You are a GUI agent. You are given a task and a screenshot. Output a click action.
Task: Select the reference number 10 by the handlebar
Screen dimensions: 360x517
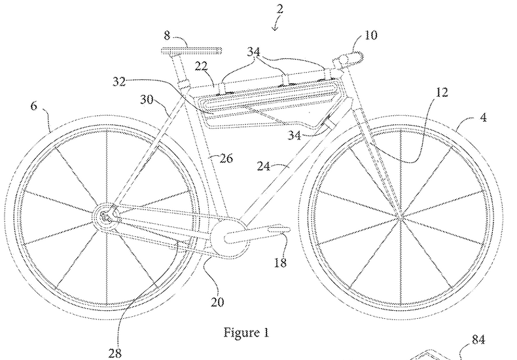370,35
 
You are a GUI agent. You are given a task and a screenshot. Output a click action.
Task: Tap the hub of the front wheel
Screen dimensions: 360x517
399,213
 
